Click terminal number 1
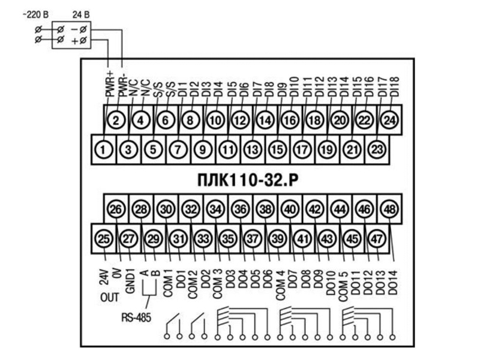pos(103,149)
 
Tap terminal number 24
pos(389,120)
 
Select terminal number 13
pos(253,149)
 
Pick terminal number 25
pos(103,239)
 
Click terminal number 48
pos(389,209)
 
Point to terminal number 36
pos(241,209)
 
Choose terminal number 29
pos(153,239)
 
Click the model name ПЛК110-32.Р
pos(247,180)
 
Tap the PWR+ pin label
pos(109,83)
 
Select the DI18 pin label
pos(395,86)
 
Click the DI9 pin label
pos(282,89)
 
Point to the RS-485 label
pos(136,317)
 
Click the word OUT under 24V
pos(109,297)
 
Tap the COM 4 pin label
pos(280,285)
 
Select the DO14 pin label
pos(393,283)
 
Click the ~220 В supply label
pos(36,14)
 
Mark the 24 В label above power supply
pos(81,14)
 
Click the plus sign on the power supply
pos(74,41)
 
